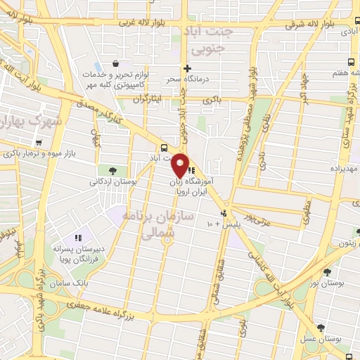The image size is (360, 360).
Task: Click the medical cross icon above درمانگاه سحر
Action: coord(187,68)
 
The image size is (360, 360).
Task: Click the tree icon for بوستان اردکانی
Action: coord(113,169)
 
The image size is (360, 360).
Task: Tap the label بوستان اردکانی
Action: coord(112,181)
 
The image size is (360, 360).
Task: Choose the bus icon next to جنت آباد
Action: coord(164,148)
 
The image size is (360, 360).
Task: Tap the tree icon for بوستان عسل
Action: coord(321,328)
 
